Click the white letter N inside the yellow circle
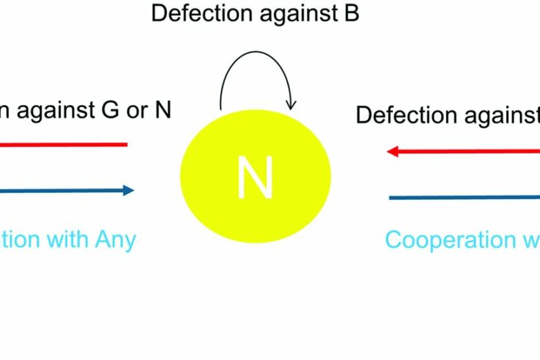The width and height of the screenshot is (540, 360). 255,178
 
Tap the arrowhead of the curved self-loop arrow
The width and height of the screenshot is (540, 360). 291,104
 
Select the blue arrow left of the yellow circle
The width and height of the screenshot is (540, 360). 66,191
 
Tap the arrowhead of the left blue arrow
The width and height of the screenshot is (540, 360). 128,191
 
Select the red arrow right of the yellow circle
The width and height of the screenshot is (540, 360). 463,151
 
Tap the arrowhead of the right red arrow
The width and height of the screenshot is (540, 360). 392,151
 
